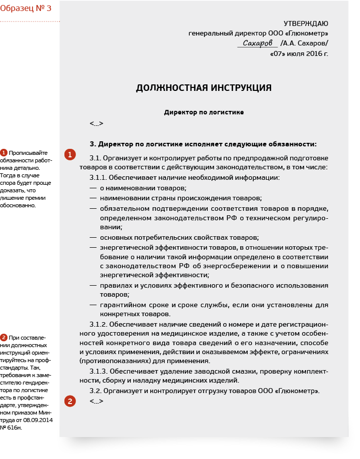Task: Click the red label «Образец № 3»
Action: click(26, 8)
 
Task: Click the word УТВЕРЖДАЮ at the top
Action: click(306, 23)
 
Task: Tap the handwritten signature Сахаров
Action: click(258, 43)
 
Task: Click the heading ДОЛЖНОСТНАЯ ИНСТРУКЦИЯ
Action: click(204, 88)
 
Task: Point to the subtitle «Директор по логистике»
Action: click(204, 112)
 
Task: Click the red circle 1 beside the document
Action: click(70, 154)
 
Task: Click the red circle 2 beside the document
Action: click(70, 400)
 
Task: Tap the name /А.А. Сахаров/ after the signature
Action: click(304, 43)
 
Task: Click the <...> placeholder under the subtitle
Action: click(96, 123)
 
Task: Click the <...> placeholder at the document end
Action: click(96, 401)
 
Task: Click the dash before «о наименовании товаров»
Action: click(93, 188)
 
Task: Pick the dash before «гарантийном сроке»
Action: click(93, 305)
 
